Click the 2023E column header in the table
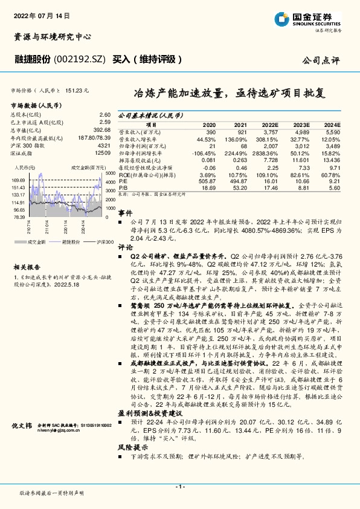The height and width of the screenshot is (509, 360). click(301, 123)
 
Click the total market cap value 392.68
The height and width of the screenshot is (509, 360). click(101, 129)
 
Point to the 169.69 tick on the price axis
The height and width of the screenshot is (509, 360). click(18, 180)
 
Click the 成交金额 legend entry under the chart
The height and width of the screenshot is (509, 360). click(36, 241)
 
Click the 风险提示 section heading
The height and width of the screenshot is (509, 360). click(129, 448)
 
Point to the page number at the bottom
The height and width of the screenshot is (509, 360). click(179, 487)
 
